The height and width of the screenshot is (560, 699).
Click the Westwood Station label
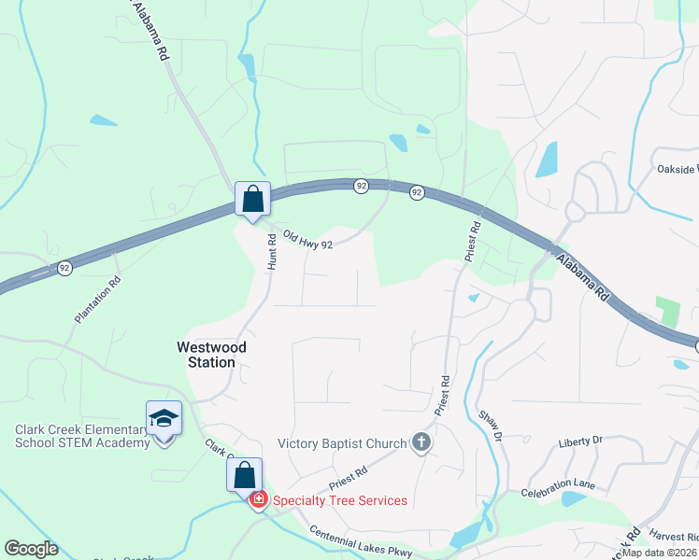[x=212, y=354]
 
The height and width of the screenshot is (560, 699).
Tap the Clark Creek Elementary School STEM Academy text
[x=82, y=436]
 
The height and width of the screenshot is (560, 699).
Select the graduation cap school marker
[x=164, y=419]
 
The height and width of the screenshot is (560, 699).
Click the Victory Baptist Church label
[x=343, y=443]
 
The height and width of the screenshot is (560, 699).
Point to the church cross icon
[x=421, y=442]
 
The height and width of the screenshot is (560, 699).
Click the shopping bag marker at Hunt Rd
[x=252, y=200]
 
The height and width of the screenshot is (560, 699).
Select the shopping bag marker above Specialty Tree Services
[x=244, y=475]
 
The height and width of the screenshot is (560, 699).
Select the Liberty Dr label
[x=581, y=440]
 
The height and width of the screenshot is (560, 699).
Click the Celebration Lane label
[x=558, y=486]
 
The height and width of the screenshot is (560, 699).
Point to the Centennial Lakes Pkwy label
[x=361, y=541]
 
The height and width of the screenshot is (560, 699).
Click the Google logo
[x=32, y=549]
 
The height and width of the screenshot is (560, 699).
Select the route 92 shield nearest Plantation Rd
[x=64, y=268]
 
